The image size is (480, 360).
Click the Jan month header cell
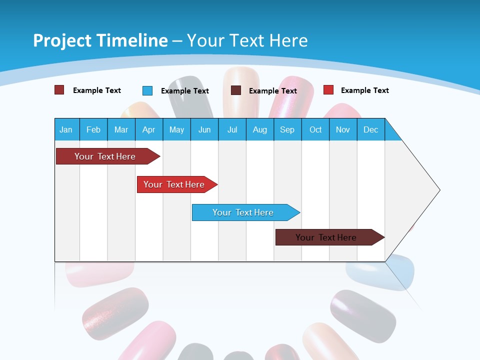click(x=66, y=129)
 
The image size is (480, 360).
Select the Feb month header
click(x=93, y=129)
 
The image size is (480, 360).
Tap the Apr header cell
click(x=149, y=129)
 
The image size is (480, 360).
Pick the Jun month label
click(x=204, y=129)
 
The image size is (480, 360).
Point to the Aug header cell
click(x=260, y=129)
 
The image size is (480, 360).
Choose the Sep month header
click(x=287, y=129)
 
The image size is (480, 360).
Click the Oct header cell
click(x=315, y=129)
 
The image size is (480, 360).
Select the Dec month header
click(x=371, y=129)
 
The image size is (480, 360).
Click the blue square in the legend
click(x=147, y=90)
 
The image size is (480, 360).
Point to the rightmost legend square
click(x=328, y=90)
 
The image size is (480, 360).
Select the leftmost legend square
click(x=59, y=90)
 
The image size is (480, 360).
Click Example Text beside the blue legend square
click(x=185, y=91)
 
